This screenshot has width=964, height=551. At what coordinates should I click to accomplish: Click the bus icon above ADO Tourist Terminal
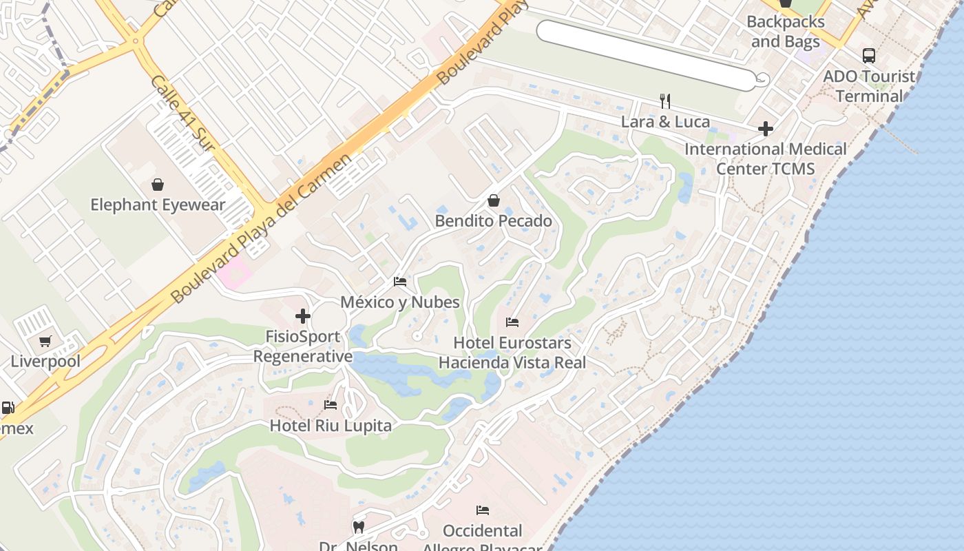pyautogui.click(x=869, y=56)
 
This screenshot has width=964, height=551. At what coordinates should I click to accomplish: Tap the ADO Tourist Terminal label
pyautogui.click(x=869, y=86)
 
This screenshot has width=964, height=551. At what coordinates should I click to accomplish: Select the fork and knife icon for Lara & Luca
pyautogui.click(x=665, y=101)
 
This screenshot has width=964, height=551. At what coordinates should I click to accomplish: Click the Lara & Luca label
pyautogui.click(x=665, y=122)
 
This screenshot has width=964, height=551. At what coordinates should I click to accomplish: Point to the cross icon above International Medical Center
pyautogui.click(x=765, y=129)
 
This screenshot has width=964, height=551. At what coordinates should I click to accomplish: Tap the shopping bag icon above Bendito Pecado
pyautogui.click(x=494, y=200)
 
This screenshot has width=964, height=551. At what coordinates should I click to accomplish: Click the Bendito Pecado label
pyautogui.click(x=494, y=221)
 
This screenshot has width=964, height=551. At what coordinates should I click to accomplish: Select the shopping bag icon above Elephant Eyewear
pyautogui.click(x=158, y=185)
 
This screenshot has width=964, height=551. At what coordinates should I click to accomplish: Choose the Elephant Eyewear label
pyautogui.click(x=158, y=205)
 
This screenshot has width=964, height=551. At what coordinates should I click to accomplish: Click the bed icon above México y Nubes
pyautogui.click(x=400, y=282)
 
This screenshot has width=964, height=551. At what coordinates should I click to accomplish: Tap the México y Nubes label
pyautogui.click(x=400, y=302)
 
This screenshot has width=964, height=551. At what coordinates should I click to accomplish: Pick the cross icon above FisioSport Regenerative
pyautogui.click(x=303, y=317)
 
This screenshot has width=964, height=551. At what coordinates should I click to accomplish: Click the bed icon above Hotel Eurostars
pyautogui.click(x=512, y=322)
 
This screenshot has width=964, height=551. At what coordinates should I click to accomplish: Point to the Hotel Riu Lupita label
pyautogui.click(x=331, y=426)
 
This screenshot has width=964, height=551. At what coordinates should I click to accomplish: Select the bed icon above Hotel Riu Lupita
pyautogui.click(x=331, y=405)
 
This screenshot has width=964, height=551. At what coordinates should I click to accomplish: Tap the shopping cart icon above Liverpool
pyautogui.click(x=45, y=341)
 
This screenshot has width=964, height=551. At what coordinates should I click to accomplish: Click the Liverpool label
pyautogui.click(x=45, y=362)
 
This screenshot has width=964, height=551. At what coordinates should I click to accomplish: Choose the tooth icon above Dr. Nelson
pyautogui.click(x=358, y=528)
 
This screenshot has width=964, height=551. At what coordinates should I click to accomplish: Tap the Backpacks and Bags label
pyautogui.click(x=785, y=32)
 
